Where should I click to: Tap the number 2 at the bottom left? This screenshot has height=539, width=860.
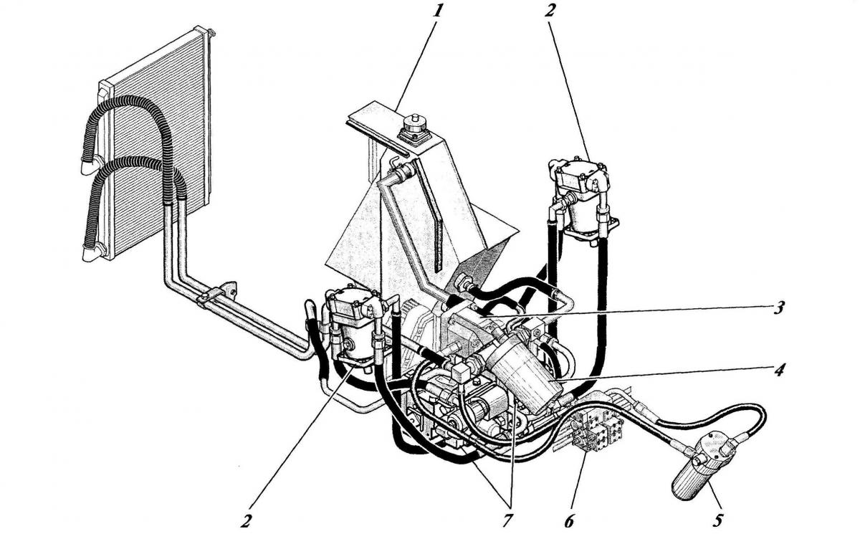[246, 520]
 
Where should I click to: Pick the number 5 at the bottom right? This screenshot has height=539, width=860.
[718, 520]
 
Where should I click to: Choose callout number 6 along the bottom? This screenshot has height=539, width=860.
[569, 520]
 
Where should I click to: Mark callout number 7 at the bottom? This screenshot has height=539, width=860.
[507, 520]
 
